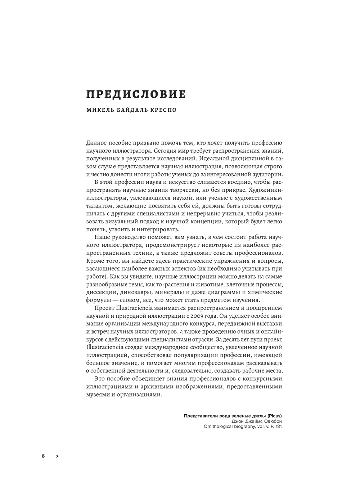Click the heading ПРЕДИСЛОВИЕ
pyautogui.click(x=136, y=94)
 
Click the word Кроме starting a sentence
pyautogui.click(x=95, y=261)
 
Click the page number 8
pyautogui.click(x=44, y=456)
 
